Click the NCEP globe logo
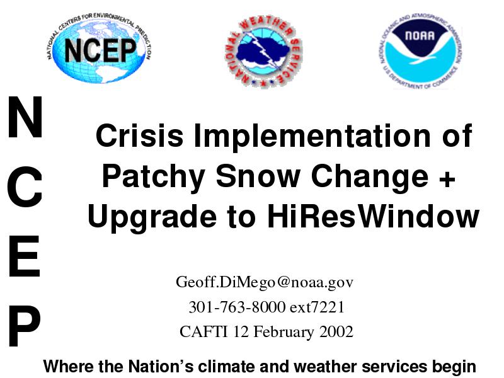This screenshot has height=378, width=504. (x=100, y=49)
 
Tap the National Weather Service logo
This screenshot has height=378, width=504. (x=263, y=52)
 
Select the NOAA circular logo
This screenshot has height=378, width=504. (x=420, y=52)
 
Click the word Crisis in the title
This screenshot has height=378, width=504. (x=139, y=135)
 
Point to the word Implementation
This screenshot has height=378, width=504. (x=312, y=136)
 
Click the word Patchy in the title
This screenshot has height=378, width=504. (x=153, y=177)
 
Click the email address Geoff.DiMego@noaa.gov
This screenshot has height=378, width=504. (x=264, y=282)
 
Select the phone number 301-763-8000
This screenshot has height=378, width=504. (x=237, y=307)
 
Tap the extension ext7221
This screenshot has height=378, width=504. (x=317, y=307)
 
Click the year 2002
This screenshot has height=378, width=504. (x=336, y=331)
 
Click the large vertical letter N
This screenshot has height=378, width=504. (x=25, y=117)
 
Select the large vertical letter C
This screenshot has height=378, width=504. (x=25, y=187)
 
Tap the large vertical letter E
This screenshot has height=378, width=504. (x=25, y=256)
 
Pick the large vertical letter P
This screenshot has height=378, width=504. (x=24, y=325)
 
